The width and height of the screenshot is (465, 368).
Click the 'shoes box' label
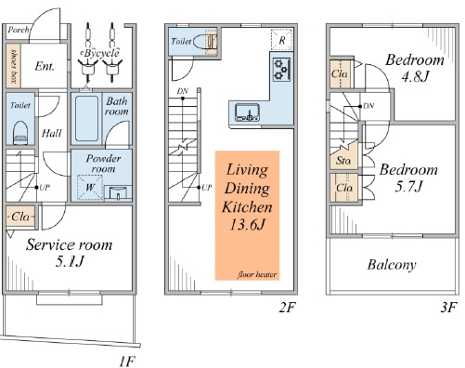point(13,66)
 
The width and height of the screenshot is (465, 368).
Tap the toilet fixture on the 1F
point(20,133)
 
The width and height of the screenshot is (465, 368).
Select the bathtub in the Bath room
point(86,118)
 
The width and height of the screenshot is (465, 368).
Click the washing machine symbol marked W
point(90,188)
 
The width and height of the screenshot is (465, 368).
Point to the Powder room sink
point(118,192)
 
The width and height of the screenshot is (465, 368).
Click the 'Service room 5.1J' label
point(69,253)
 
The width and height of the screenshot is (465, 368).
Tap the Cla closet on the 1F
point(20,217)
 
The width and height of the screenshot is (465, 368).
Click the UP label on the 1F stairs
point(45,188)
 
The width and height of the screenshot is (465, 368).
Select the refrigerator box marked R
point(281,40)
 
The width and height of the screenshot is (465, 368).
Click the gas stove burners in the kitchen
point(282,70)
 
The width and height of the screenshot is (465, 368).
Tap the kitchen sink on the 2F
point(247,112)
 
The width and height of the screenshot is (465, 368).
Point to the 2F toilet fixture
point(205,41)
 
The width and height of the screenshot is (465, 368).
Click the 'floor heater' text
point(257,274)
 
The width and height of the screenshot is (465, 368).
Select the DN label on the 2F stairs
point(183,91)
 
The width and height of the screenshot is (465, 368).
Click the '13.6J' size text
point(247,224)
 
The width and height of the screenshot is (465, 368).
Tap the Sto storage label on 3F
point(343,161)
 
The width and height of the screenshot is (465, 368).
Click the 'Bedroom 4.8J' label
point(415,68)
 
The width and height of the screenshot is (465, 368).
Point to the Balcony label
point(392,265)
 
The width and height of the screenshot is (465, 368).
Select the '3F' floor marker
point(448,308)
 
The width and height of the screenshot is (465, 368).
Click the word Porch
point(19,30)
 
